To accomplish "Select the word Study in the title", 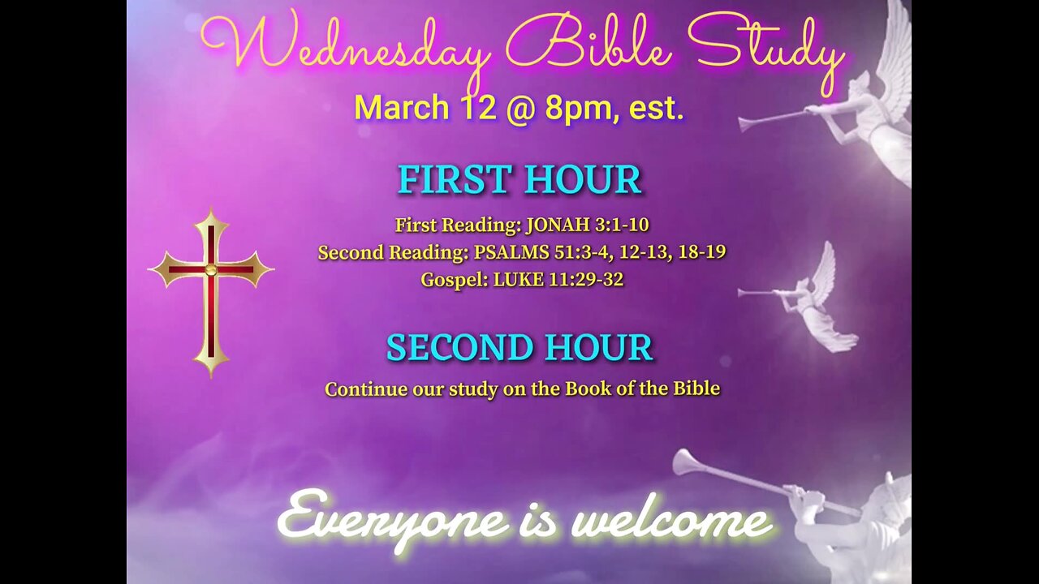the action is pyautogui.click(x=765, y=51).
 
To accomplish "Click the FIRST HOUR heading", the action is pyautogui.click(x=520, y=179).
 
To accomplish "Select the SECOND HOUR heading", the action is pyautogui.click(x=520, y=347).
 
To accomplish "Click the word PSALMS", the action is pyautogui.click(x=511, y=252).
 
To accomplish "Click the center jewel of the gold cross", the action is pyautogui.click(x=211, y=269).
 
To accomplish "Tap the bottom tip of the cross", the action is pyautogui.click(x=211, y=377).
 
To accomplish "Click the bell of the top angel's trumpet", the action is pyautogui.click(x=745, y=124).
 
